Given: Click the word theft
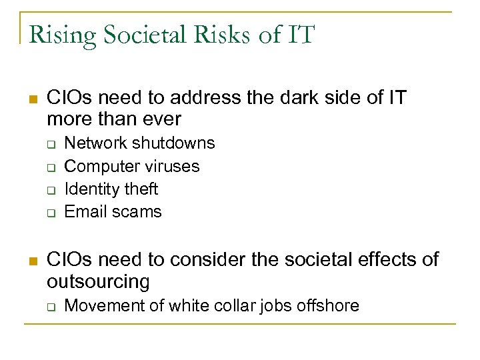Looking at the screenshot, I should click(140, 189).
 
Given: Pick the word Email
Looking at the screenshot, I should click(83, 211).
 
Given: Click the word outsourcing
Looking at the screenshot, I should click(98, 282).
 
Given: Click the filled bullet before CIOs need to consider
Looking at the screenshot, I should click(33, 260).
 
